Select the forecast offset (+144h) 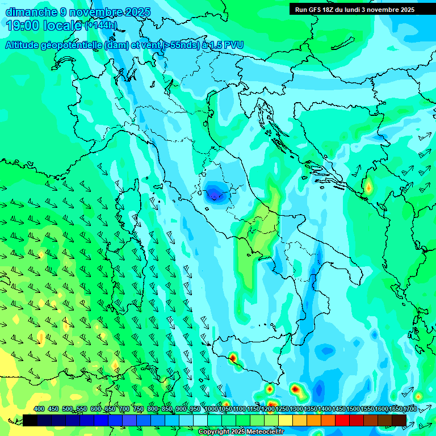[x=101, y=26]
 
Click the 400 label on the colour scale [x=39, y=409]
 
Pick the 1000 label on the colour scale [x=211, y=409]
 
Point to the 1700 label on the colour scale [x=410, y=409]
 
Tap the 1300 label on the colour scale [x=296, y=409]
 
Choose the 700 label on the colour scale [x=124, y=409]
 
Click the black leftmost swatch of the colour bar [x=30, y=420]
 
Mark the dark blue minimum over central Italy [x=214, y=193]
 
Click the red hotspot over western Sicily [x=233, y=358]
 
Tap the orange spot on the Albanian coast [x=368, y=186]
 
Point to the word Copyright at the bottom [x=213, y=432]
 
